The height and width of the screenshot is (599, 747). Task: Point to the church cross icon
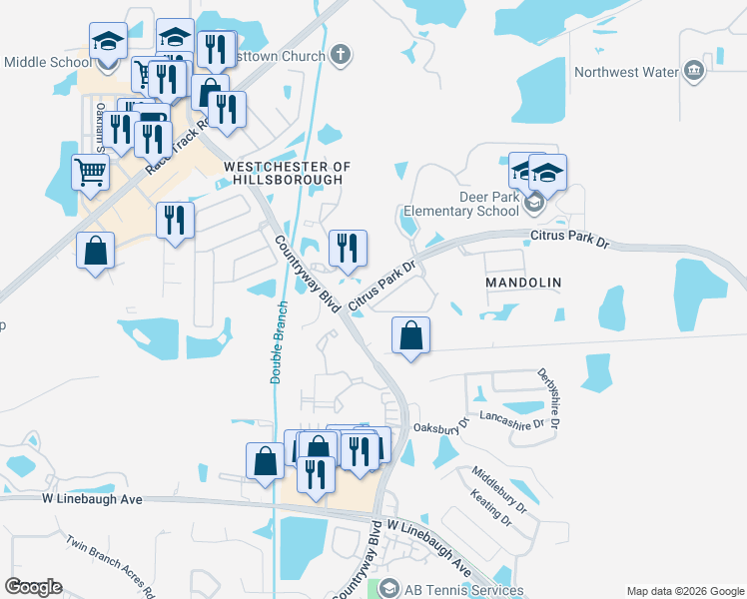[x=341, y=54]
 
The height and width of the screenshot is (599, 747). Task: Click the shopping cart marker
[x=91, y=173]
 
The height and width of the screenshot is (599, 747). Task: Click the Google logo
[x=33, y=587]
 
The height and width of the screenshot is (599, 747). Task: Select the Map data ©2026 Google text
[x=684, y=591]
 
